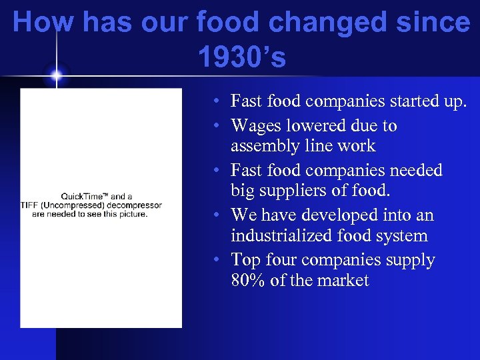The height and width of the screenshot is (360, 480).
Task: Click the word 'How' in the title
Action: pos(41,23)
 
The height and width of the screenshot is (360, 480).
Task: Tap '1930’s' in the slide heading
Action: pos(241,58)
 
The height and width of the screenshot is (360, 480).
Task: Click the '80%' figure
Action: pos(248,280)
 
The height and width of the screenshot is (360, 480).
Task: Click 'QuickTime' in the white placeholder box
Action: pos(85,197)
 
